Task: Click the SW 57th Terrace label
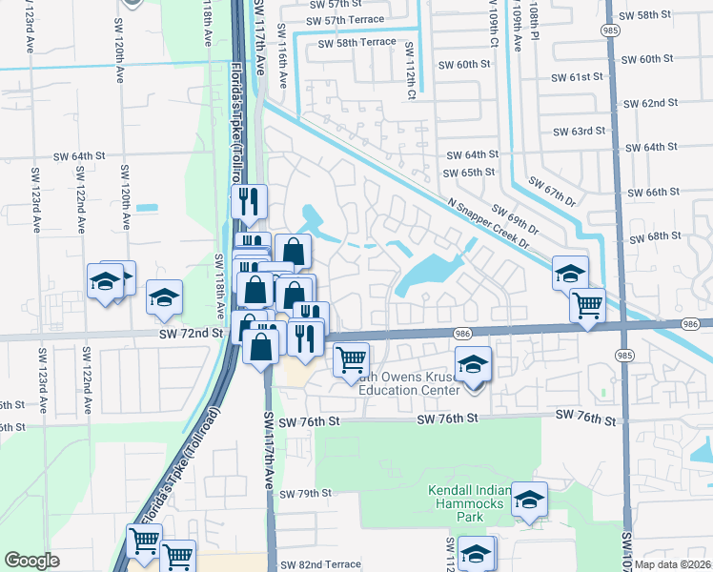pyautogui.click(x=346, y=20)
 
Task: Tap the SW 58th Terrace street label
pyautogui.click(x=356, y=44)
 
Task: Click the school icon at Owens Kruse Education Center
pyautogui.click(x=473, y=365)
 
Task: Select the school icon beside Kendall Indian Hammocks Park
pyautogui.click(x=529, y=500)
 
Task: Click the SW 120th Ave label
pyautogui.click(x=124, y=196)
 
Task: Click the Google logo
pyautogui.click(x=31, y=561)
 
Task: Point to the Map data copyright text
pyautogui.click(x=673, y=564)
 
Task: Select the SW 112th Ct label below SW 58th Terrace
pyautogui.click(x=411, y=71)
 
